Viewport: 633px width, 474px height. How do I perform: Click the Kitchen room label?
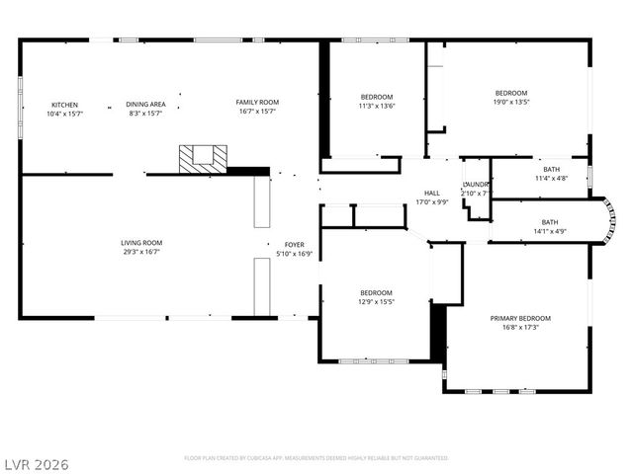coord(65,105)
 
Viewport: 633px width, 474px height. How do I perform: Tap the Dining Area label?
coord(145,105)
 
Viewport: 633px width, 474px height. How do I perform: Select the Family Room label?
coord(257,102)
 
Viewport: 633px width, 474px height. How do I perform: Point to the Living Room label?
coord(141,242)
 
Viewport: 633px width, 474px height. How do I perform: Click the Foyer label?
coord(295,244)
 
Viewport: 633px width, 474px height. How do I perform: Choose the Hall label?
coord(432,193)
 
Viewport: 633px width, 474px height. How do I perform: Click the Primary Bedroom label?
coord(520,318)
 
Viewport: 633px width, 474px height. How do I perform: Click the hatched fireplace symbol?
coord(203,158)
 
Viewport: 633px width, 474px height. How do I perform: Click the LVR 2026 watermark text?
coord(36,463)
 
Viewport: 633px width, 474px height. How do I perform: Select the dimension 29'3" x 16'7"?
coord(141,252)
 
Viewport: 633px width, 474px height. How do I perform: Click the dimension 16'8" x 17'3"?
coord(520,328)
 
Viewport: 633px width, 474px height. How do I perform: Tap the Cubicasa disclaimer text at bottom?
coord(316,458)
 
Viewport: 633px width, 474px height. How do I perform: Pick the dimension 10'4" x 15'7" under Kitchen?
coord(65,114)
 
